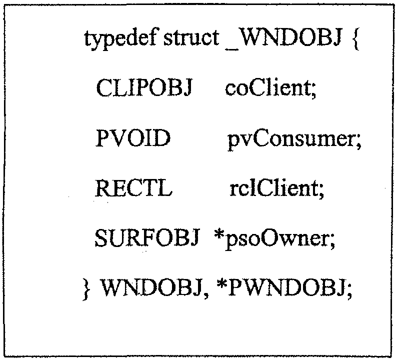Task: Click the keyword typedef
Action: click(120, 38)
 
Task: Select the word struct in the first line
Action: click(191, 38)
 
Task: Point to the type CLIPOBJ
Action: click(144, 87)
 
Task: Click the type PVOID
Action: click(133, 137)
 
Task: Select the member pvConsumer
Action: click(291, 140)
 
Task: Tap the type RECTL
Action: click(133, 188)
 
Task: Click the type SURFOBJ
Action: click(146, 238)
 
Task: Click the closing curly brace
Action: click(87, 289)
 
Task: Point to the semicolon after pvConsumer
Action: click(358, 142)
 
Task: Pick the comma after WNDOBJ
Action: click(205, 295)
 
